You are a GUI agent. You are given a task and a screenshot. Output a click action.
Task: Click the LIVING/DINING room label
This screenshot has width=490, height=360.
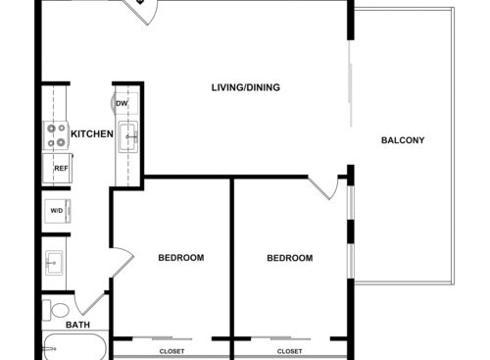coord(246,88)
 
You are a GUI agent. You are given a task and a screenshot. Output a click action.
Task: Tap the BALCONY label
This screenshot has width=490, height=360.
coord(403,140)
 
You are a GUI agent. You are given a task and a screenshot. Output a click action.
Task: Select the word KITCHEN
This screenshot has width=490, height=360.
coord(92,134)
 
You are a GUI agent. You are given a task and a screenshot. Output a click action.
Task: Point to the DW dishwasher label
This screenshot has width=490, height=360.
coord(122,104)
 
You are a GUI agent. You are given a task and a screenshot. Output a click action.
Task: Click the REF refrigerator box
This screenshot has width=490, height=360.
coord(61,169)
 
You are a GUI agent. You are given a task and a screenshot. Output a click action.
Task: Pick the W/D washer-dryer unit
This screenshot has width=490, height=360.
coord(57,210)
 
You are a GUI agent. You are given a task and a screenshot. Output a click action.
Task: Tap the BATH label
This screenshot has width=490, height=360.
coord(77,325)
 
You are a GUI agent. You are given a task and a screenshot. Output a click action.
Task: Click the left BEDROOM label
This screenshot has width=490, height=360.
coord(181,258)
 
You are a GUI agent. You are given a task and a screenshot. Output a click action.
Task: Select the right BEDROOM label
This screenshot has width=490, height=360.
coord(290,258)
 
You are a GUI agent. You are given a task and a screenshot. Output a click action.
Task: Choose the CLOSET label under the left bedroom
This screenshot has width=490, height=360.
coord(172,350)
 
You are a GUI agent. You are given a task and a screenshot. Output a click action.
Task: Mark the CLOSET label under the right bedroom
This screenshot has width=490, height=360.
coord(289,350)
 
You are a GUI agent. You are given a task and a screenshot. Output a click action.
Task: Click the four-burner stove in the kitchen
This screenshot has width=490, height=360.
coord(57,136)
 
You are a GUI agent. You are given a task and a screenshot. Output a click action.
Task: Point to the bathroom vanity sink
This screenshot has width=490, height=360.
coord(55,263)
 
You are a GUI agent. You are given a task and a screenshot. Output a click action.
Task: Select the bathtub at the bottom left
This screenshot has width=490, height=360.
coord(73,348)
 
